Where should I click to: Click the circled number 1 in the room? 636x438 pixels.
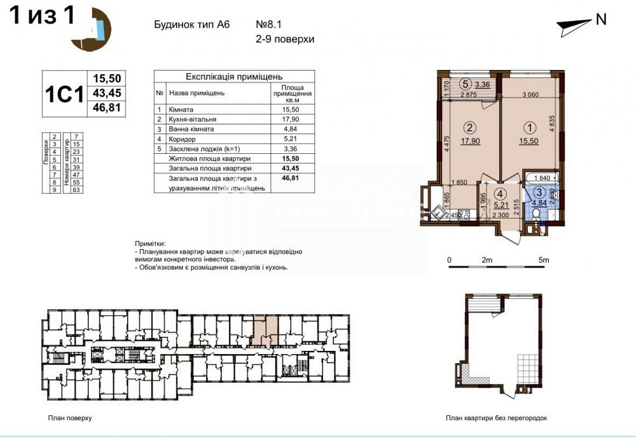point(530,127)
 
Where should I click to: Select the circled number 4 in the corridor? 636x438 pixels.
point(501,193)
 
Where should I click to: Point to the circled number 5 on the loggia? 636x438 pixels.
point(466,83)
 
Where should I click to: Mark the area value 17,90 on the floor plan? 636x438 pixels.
point(470,141)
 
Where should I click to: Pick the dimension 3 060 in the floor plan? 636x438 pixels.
point(530,95)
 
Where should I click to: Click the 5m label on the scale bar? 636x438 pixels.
point(544,260)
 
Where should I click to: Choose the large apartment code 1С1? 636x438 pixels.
point(64,94)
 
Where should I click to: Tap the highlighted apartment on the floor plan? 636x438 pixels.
point(265,330)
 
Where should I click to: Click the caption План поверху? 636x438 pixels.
point(70,418)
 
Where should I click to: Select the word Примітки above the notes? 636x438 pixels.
point(150,243)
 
